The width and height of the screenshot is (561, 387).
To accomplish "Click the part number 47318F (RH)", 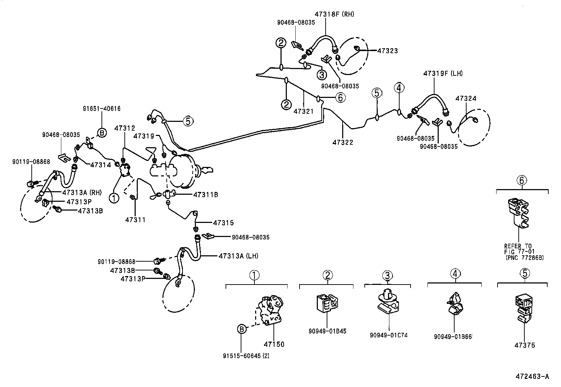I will point(334,14).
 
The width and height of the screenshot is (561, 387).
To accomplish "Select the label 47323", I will point(387,51).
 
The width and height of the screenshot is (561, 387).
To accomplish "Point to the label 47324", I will point(466,99).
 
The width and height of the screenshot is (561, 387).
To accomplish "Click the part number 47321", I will point(303,111).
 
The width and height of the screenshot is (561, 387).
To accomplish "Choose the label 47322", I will point(343,142).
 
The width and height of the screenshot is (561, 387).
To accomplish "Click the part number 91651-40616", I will point(101,109).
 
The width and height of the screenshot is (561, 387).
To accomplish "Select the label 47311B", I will point(205,194).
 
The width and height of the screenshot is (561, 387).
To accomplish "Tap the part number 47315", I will point(223,223).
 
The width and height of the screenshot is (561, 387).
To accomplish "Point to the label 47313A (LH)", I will point(238,256).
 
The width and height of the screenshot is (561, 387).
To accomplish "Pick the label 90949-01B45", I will point(327,331).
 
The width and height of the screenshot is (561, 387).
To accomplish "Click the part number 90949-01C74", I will point(389,335).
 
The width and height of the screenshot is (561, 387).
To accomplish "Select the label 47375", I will point(524,345).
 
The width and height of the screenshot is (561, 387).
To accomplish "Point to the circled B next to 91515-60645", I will point(241,329).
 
